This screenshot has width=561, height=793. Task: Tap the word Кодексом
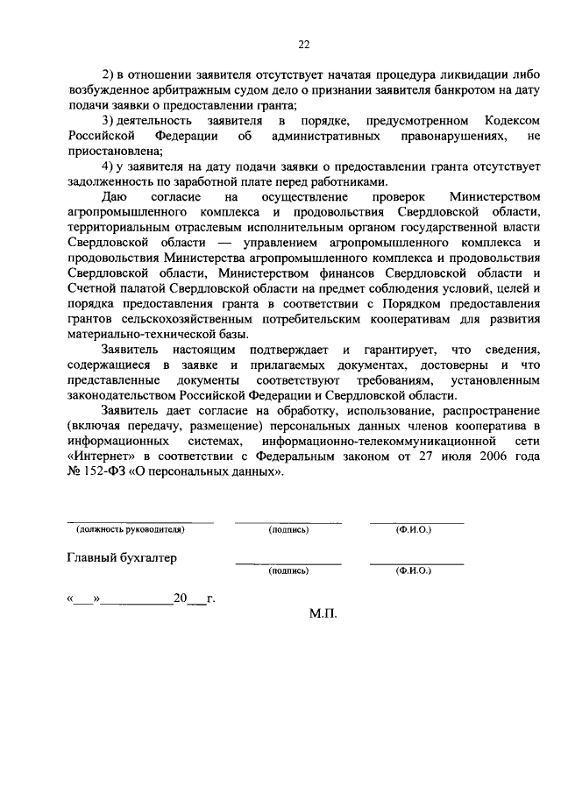tap(512, 120)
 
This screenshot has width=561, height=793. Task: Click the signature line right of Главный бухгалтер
tap(288, 563)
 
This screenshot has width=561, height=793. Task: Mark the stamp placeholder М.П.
tap(323, 615)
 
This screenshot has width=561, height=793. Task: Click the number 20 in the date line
tap(181, 600)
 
